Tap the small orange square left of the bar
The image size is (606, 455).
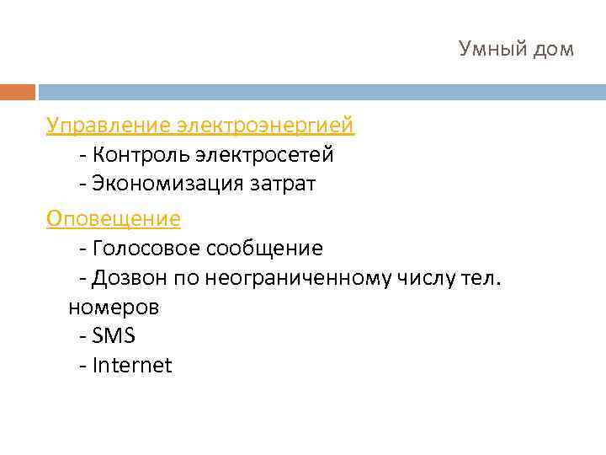18,92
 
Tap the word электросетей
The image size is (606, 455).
264,156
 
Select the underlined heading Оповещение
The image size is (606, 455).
114,219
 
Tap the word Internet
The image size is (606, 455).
132,366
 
